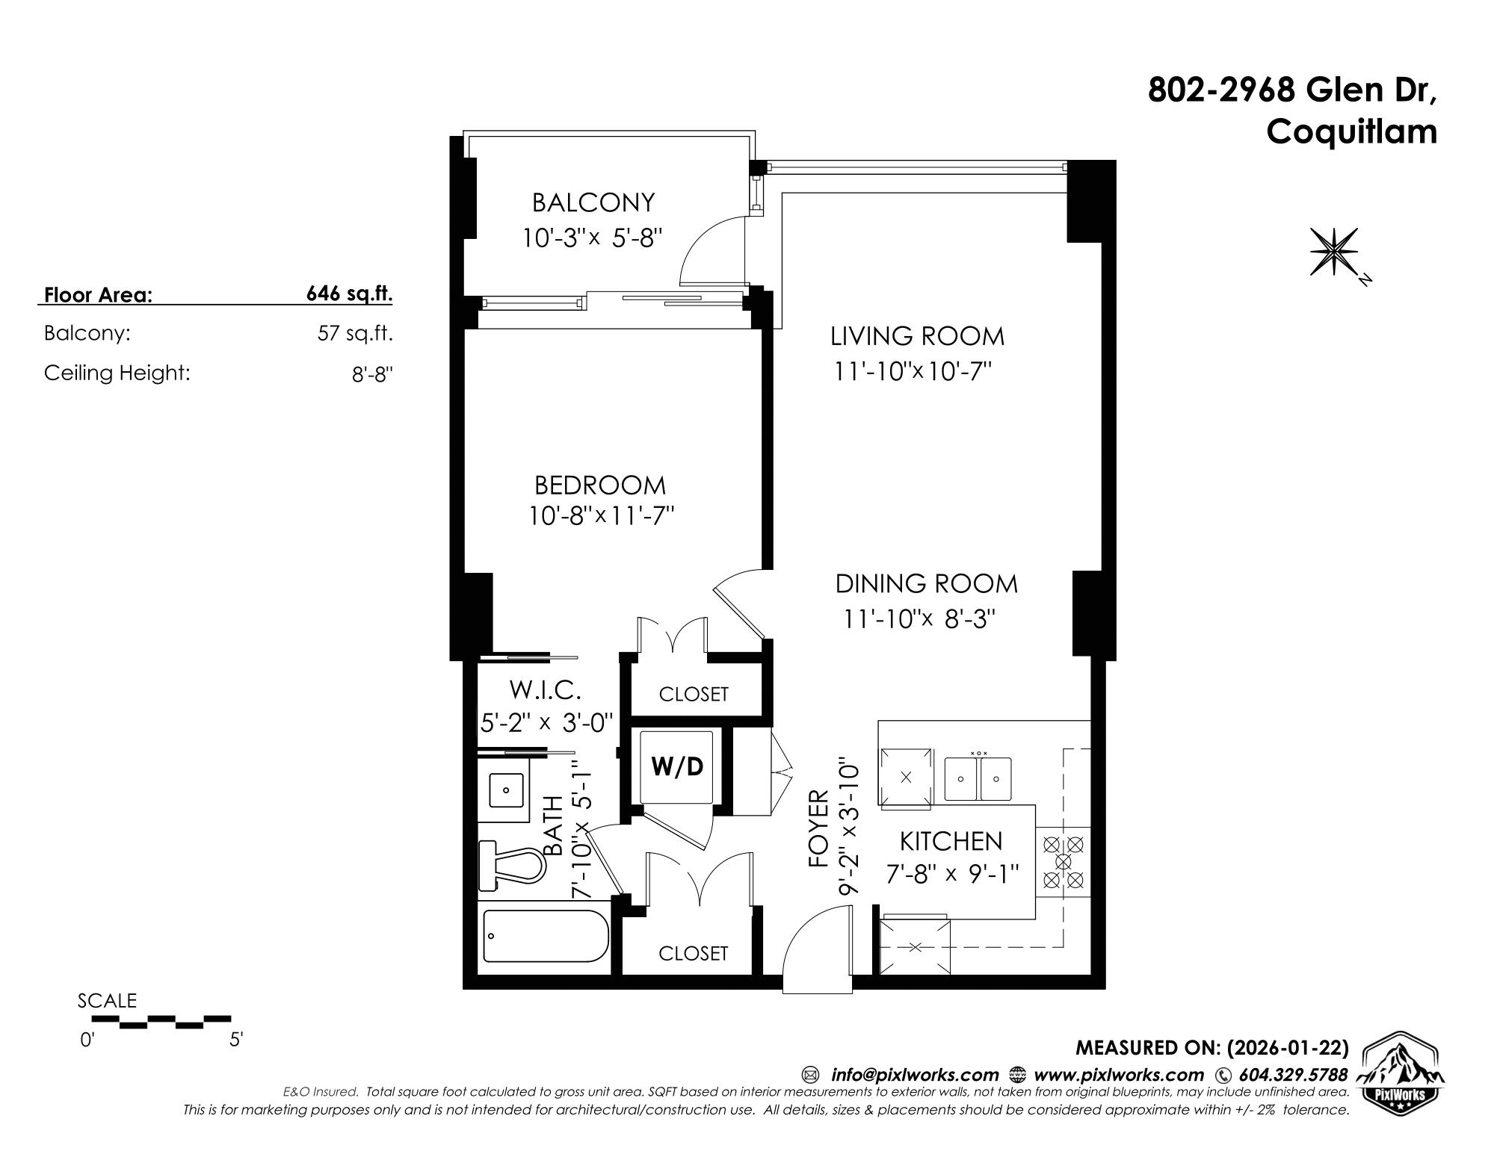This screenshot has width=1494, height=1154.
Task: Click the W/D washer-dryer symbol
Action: tap(676, 767)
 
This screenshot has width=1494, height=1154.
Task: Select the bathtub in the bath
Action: tap(546, 936)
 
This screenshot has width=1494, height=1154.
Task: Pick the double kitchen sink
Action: tap(978, 779)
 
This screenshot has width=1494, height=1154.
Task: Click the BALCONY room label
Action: tap(593, 202)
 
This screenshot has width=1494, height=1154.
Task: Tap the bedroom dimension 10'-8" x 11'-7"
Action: tap(602, 516)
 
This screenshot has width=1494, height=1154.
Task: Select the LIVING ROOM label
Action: tap(918, 336)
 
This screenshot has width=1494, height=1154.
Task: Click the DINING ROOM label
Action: tap(927, 583)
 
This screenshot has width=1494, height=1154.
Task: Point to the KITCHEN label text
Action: tap(951, 841)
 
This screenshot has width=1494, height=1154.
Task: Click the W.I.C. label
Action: tap(545, 689)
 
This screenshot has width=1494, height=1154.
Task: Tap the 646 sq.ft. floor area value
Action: tap(349, 294)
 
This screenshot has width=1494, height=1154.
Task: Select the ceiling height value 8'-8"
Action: tap(372, 373)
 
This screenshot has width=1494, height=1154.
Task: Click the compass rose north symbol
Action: tap(1335, 251)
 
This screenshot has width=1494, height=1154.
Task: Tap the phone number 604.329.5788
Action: tap(1293, 1075)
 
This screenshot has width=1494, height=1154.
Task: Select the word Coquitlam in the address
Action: tap(1352, 132)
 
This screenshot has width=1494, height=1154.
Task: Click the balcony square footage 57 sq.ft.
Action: tap(355, 333)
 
